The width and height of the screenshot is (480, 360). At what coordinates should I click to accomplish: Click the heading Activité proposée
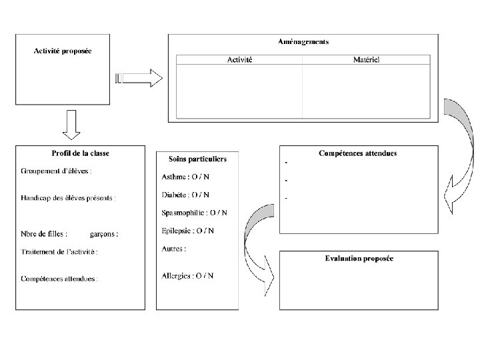point(63,51)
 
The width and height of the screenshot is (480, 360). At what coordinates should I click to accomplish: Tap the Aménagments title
point(303,42)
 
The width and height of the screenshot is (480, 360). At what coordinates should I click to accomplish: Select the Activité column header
point(239,60)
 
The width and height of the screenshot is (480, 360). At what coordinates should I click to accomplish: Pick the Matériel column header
point(366,60)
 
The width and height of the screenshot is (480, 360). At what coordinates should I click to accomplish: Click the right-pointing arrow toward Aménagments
point(139,79)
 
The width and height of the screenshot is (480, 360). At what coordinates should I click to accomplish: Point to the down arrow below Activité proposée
point(71,125)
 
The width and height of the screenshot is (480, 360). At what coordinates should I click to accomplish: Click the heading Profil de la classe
point(80,153)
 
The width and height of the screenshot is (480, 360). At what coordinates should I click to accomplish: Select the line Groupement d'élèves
point(56,171)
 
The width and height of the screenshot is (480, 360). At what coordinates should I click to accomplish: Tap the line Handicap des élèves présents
point(68,198)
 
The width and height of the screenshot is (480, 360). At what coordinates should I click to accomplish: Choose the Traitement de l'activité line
point(59,252)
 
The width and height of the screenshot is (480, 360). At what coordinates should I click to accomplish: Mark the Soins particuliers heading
point(197,159)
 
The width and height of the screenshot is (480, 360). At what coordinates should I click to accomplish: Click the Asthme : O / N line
point(185,177)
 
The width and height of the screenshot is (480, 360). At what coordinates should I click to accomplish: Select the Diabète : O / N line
point(185,195)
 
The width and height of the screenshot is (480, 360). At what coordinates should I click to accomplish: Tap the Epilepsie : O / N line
point(187,231)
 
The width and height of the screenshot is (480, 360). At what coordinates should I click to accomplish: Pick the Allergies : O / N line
point(187,275)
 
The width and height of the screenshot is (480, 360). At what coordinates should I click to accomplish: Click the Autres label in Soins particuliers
point(173,249)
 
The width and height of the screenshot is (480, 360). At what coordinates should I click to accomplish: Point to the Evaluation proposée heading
point(359,258)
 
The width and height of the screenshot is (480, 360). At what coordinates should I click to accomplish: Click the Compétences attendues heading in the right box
point(358,153)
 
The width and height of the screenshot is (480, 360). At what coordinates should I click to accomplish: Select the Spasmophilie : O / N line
point(194,213)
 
